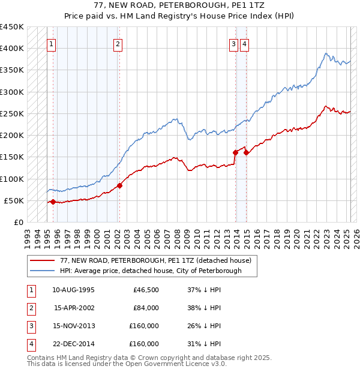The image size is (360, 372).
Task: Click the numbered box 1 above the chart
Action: (x=52, y=44)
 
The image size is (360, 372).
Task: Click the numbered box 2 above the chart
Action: (x=118, y=44)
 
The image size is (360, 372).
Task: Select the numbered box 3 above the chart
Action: (x=233, y=44)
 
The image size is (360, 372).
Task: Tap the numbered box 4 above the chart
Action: (x=245, y=44)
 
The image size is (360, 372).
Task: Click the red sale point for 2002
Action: (x=119, y=185)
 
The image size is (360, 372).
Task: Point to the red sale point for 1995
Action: (x=53, y=202)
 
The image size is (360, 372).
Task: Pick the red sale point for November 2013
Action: (x=235, y=152)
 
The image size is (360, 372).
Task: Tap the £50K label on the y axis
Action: (x=14, y=200)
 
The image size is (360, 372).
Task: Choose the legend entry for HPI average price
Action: (x=150, y=271)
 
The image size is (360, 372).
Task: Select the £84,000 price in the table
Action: (x=145, y=308)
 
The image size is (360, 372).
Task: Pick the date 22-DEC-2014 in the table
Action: (x=73, y=344)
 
